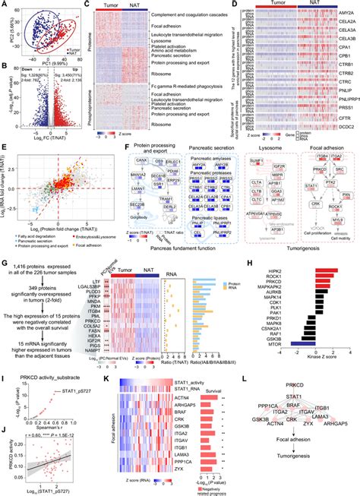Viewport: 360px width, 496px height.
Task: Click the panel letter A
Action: click(x=4, y=5)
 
